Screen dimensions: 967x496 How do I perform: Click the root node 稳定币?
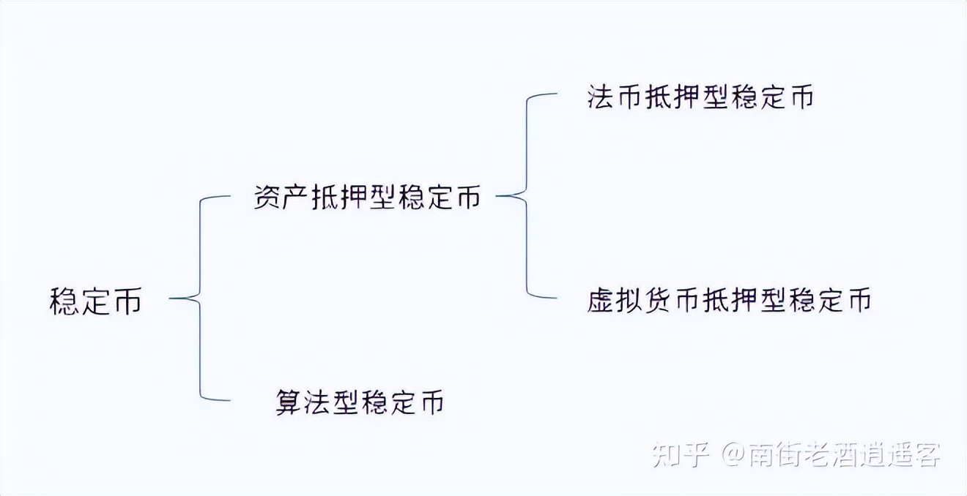(x=95, y=301)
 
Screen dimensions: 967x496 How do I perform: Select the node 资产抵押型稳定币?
(x=367, y=198)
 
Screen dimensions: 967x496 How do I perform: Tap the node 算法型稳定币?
(x=360, y=402)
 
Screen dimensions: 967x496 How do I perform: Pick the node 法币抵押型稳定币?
(x=700, y=96)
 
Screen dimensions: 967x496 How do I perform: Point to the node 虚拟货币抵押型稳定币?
(x=729, y=300)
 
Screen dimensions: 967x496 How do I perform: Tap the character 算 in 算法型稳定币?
(x=289, y=402)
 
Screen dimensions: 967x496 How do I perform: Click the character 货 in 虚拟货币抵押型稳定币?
(x=657, y=300)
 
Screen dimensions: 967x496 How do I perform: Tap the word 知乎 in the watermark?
(x=681, y=454)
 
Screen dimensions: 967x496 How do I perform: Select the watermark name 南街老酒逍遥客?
(x=845, y=454)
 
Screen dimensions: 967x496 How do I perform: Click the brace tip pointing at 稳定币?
(x=170, y=298)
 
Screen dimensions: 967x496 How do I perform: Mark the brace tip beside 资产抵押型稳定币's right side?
(x=497, y=196)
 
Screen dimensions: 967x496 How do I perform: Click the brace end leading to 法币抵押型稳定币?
(x=557, y=94)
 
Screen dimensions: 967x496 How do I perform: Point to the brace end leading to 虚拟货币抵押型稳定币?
(x=557, y=298)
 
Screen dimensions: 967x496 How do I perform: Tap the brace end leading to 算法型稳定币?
(x=230, y=400)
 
